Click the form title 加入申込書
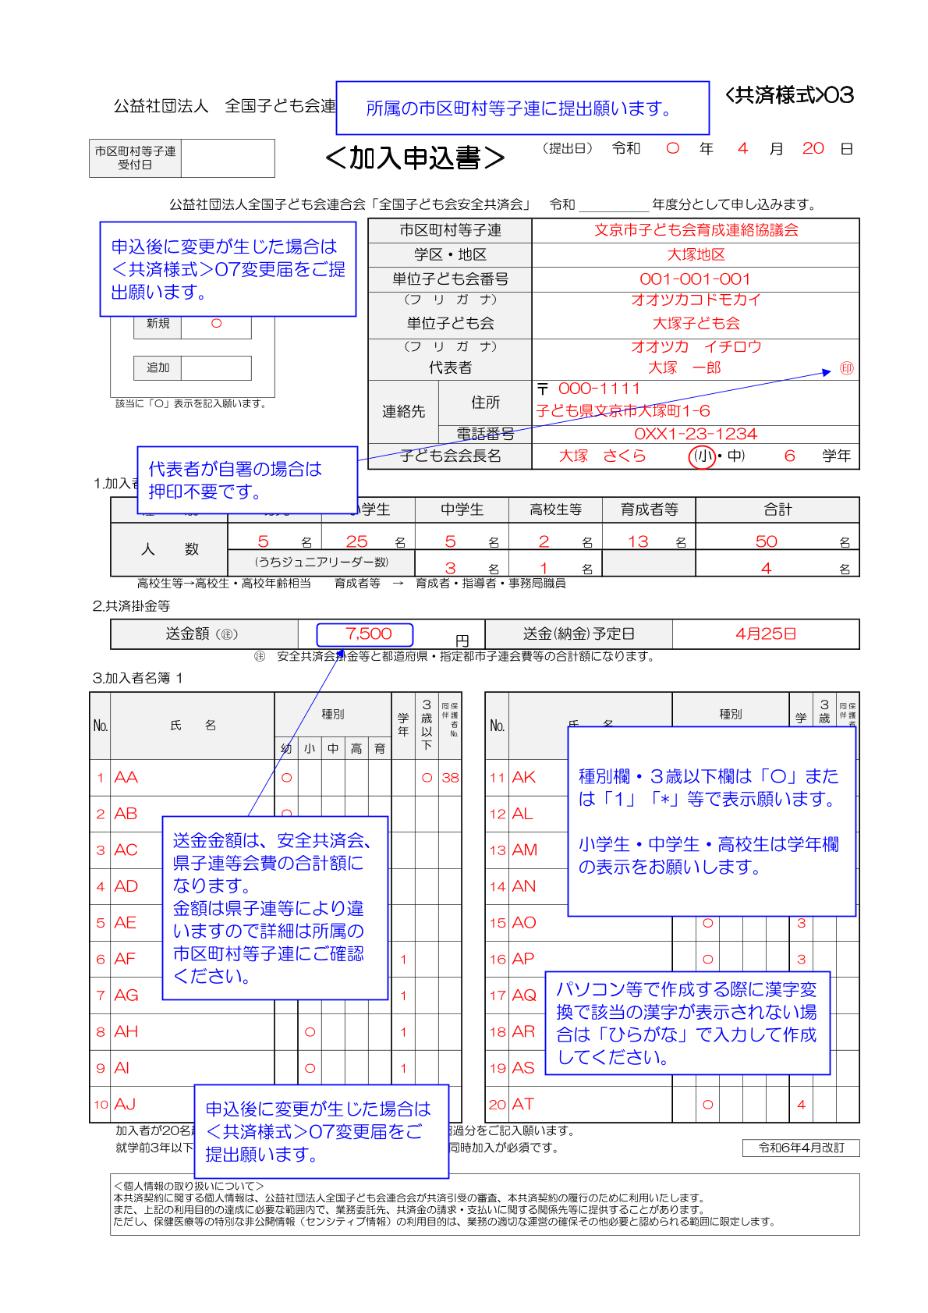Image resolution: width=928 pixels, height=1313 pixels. (415, 158)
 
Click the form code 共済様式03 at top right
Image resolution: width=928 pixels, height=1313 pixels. (789, 95)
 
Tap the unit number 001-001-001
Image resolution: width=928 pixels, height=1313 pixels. (695, 279)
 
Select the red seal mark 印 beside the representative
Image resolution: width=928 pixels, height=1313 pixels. (846, 368)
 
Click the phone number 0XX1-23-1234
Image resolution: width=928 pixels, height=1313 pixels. (695, 434)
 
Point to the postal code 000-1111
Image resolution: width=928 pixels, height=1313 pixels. (599, 389)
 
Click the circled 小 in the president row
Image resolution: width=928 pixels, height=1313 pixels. (702, 456)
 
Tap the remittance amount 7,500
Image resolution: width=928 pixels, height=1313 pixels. (368, 634)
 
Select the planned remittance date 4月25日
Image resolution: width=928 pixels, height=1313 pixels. (765, 634)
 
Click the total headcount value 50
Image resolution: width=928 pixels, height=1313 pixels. (766, 541)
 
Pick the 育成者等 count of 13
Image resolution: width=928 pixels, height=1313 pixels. (638, 541)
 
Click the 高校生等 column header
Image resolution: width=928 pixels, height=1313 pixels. (555, 509)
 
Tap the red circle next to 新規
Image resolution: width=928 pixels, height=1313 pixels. (216, 324)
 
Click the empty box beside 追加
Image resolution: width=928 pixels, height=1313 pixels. (216, 367)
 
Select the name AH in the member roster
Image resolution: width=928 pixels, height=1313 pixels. (126, 1031)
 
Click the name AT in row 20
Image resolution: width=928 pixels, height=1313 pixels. (522, 1104)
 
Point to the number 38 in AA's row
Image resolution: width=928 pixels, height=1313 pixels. (450, 778)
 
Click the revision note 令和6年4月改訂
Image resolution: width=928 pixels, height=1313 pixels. (801, 1148)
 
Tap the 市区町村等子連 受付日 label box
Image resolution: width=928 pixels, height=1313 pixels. (135, 158)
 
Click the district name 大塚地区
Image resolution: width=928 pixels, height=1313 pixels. (695, 254)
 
